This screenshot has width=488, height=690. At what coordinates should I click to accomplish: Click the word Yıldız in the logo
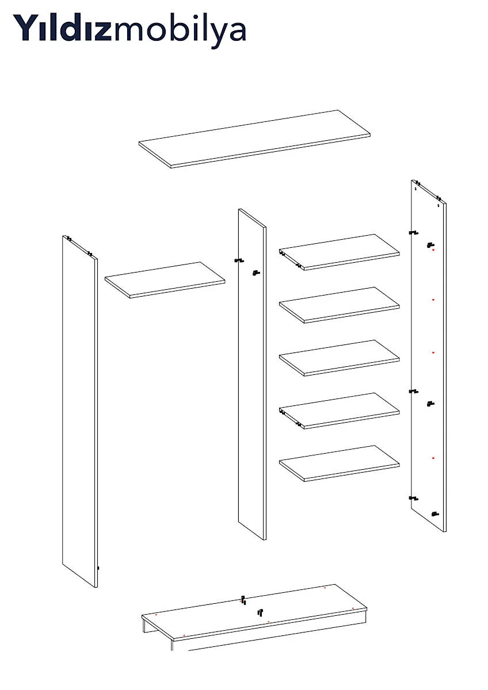[62, 27]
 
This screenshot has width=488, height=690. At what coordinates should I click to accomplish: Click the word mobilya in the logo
[179, 31]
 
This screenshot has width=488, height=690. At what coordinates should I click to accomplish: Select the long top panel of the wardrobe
[254, 139]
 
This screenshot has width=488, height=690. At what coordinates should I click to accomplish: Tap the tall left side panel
[80, 411]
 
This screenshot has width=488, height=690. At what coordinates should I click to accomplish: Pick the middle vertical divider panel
[252, 374]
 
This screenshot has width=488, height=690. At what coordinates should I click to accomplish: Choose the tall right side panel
[429, 356]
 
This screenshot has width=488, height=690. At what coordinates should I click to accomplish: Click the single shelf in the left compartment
[165, 280]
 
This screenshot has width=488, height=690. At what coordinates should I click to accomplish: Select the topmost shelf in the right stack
[340, 252]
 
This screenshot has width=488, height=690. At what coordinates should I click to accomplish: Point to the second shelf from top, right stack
[340, 305]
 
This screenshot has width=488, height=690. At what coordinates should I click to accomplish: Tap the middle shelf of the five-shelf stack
[340, 358]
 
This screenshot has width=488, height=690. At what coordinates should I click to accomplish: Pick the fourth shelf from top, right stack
[340, 411]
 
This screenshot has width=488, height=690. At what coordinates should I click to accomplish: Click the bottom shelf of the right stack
[340, 463]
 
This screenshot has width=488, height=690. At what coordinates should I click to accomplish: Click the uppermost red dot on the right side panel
[433, 250]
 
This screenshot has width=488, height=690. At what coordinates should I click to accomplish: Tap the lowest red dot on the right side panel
[433, 458]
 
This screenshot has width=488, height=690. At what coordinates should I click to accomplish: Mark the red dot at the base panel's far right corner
[353, 608]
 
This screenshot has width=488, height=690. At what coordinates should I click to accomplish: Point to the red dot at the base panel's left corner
[156, 614]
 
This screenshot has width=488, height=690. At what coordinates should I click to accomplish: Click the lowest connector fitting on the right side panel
[435, 514]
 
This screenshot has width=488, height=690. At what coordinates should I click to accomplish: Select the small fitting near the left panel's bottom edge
[98, 568]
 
